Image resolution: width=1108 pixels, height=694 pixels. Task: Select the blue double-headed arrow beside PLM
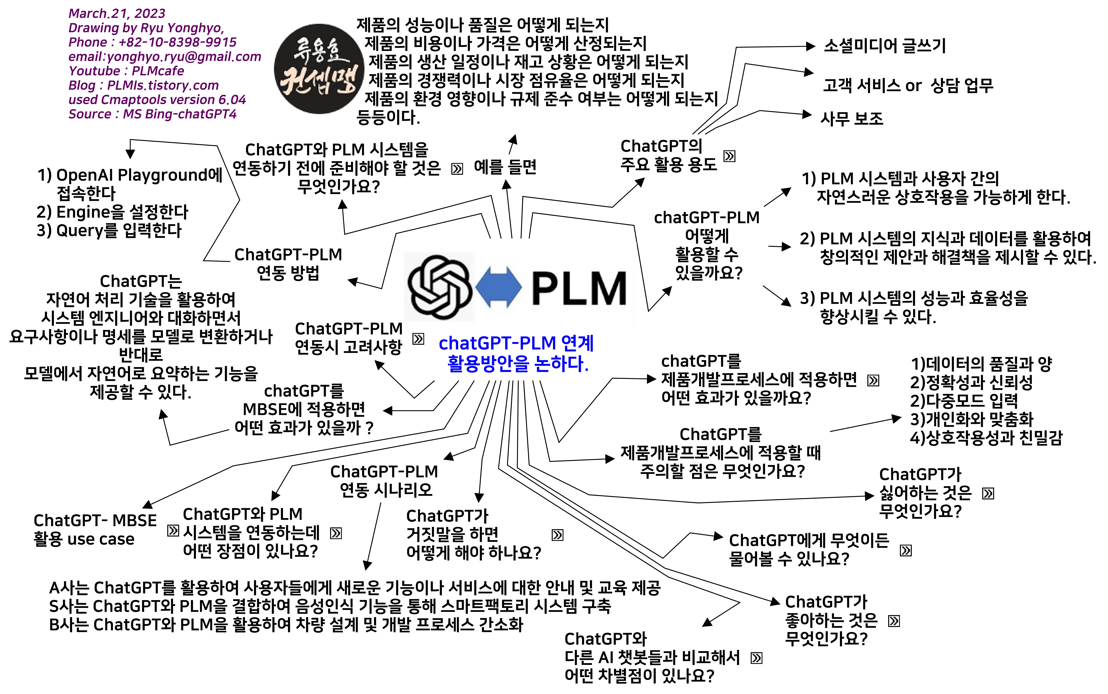coord(498,287)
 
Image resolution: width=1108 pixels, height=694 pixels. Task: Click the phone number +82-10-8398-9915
coord(178,42)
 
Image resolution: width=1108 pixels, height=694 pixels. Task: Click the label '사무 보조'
coord(851,118)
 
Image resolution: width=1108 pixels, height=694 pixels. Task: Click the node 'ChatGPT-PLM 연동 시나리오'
coord(384,481)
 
